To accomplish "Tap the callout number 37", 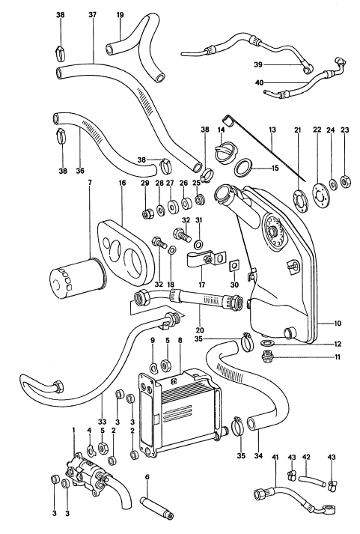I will click(x=93, y=14).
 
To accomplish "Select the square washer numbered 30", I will click(x=234, y=264).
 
